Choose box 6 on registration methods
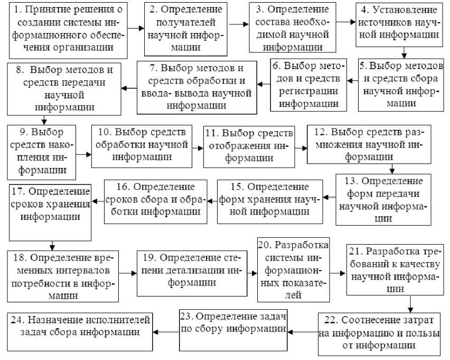coord(309,85)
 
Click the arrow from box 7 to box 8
coord(129,87)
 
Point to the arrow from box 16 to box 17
coord(98,199)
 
